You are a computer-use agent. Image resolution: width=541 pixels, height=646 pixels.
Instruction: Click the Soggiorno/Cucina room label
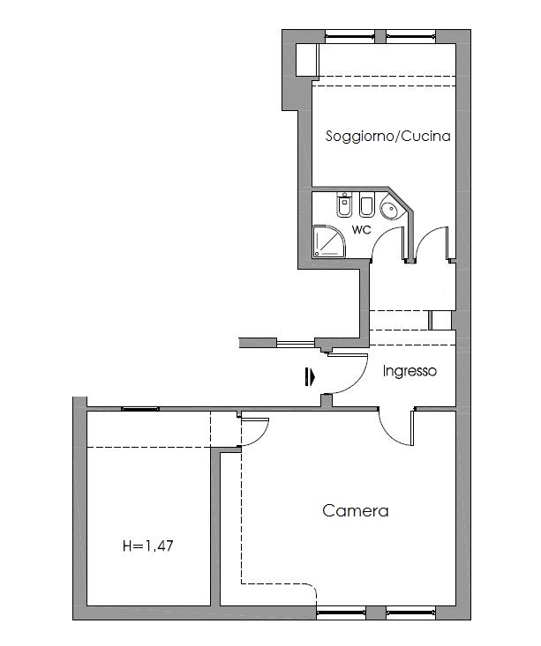tap(387, 137)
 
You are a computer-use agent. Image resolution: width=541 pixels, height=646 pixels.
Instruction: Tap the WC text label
tap(362, 230)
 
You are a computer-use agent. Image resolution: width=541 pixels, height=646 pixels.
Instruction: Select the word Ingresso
tap(410, 371)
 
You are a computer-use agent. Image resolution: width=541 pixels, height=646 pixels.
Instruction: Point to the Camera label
tap(356, 511)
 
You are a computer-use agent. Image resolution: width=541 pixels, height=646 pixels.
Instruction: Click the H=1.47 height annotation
tap(148, 546)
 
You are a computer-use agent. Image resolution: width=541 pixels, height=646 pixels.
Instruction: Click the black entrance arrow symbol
tap(310, 377)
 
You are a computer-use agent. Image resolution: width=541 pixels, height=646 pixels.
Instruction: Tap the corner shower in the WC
tap(328, 241)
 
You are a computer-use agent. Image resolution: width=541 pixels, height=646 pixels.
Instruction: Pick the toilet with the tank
tap(343, 204)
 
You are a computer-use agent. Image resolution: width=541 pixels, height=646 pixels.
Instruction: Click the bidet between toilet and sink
tap(366, 204)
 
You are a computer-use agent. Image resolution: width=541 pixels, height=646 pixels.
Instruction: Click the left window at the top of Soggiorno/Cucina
tap(349, 36)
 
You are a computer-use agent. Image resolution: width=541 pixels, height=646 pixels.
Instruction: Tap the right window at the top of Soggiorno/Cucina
tap(411, 36)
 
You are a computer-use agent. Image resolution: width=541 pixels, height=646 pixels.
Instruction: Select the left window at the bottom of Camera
tap(341, 613)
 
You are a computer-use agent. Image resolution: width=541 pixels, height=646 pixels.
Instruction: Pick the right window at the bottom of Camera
tap(411, 613)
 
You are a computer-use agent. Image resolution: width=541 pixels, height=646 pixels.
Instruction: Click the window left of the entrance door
tap(296, 343)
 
